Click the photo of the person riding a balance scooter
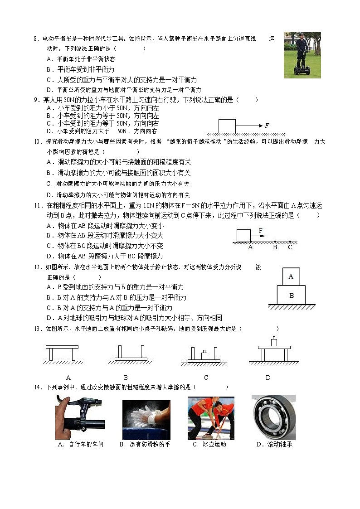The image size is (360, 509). pyautogui.click(x=302, y=55)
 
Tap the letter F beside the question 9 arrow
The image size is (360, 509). pyautogui.click(x=267, y=126)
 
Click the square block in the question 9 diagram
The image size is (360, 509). pyautogui.click(x=227, y=126)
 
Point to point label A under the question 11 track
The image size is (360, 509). pyautogui.click(x=250, y=247)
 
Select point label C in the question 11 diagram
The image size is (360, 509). pyautogui.click(x=290, y=247)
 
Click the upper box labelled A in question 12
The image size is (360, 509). pyautogui.click(x=291, y=276)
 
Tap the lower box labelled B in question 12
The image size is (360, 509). pyautogui.click(x=291, y=295)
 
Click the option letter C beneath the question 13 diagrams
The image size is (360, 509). pyautogui.click(x=206, y=378)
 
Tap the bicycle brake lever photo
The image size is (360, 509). pyautogui.click(x=80, y=417)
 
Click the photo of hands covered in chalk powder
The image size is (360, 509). pyautogui.click(x=146, y=420)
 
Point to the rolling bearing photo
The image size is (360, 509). pyautogui.click(x=273, y=417)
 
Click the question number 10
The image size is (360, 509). pyautogui.click(x=38, y=142)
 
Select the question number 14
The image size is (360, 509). pyautogui.click(x=38, y=387)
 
